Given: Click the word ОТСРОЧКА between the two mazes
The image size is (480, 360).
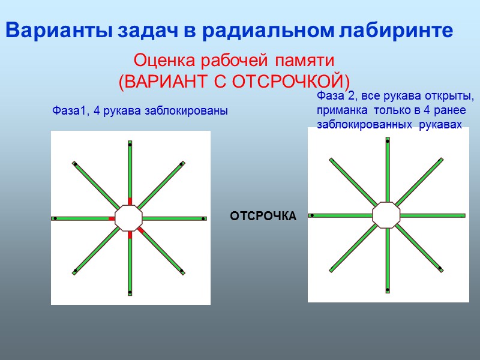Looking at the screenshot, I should pos(263,216).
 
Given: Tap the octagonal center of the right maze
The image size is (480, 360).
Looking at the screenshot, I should pos(386,215).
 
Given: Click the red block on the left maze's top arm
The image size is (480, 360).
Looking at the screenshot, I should pos(130,202).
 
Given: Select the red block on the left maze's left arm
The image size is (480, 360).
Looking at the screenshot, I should pos(112,218).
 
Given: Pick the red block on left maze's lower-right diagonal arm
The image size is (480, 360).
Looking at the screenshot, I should pos(140,230).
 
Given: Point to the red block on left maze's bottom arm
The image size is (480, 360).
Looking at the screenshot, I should pos(130,235).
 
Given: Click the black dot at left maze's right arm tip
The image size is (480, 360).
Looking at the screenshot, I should pos(203,218).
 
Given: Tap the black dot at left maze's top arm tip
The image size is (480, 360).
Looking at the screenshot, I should pos(130,144).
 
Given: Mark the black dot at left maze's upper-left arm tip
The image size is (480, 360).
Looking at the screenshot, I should pos(75,164).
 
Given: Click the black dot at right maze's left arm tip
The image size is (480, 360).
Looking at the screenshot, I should pos(312,215).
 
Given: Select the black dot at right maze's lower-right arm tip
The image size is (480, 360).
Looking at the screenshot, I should pos(440,268).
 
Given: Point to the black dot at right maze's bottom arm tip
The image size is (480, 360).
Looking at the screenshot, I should pos(388,290).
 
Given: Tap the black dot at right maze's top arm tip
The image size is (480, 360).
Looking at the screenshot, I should pos(388,141).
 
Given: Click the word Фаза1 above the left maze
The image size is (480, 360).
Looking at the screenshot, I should pos(68,111).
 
